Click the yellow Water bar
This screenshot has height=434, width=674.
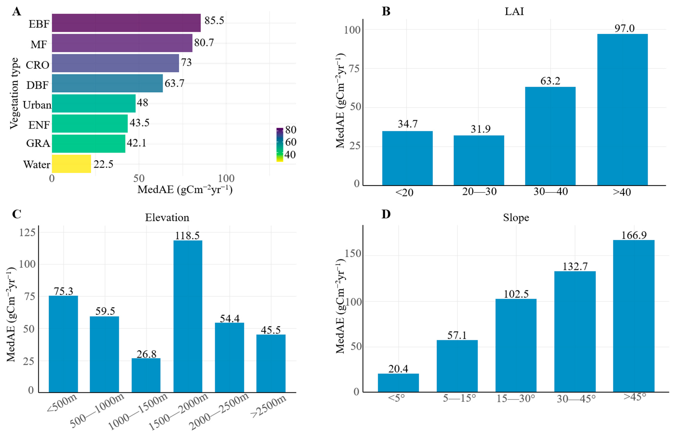(x=71, y=164)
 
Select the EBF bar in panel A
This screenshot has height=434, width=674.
(x=126, y=23)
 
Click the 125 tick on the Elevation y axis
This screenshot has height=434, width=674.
(x=27, y=232)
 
